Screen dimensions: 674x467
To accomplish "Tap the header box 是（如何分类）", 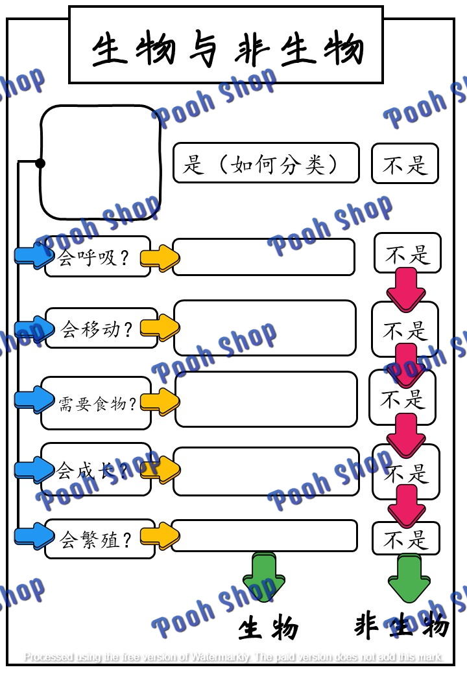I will pyautogui.click(x=265, y=163).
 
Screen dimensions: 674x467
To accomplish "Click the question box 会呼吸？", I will pyautogui.click(x=97, y=257).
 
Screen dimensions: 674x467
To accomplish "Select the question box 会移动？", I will pyautogui.click(x=101, y=329).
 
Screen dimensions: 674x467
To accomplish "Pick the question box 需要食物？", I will pyautogui.click(x=96, y=403).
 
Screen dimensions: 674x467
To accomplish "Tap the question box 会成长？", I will pyautogui.click(x=96, y=469).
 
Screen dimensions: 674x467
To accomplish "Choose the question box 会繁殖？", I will pyautogui.click(x=99, y=539).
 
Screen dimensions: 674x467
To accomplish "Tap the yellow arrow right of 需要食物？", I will pyautogui.click(x=160, y=401).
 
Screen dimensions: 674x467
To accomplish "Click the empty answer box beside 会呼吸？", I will pyautogui.click(x=263, y=257).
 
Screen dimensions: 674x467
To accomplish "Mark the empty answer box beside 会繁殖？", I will pyautogui.click(x=264, y=535).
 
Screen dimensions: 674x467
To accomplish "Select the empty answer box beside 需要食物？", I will pyautogui.click(x=266, y=399).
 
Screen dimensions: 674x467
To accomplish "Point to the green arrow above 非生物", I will pyautogui.click(x=409, y=577).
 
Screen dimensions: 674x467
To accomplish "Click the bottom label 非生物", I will pyautogui.click(x=401, y=626).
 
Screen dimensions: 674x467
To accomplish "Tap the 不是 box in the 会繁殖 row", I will pyautogui.click(x=406, y=539).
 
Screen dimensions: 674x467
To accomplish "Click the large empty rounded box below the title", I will pyautogui.click(x=101, y=163).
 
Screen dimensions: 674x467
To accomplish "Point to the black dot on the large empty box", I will pyautogui.click(x=40, y=163).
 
